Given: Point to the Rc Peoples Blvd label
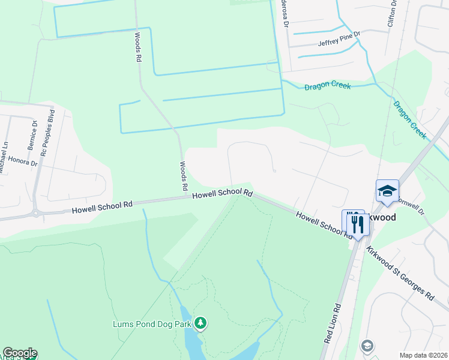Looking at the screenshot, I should pyautogui.click(x=47, y=133).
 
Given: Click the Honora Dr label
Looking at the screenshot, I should pyautogui.click(x=23, y=161).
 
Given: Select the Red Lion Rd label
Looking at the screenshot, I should pyautogui.click(x=332, y=323).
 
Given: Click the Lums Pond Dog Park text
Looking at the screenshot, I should pyautogui.click(x=152, y=324).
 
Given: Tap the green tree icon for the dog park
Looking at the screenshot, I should pyautogui.click(x=200, y=324).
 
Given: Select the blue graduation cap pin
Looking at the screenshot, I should pyautogui.click(x=387, y=191).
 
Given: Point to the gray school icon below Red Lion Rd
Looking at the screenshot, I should pyautogui.click(x=367, y=346).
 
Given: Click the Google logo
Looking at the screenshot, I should pyautogui.click(x=20, y=353).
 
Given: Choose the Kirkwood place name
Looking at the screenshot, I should pyautogui.click(x=382, y=217).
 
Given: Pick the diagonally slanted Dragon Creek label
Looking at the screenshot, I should pyautogui.click(x=410, y=120).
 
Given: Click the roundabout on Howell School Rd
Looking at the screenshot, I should pyautogui.click(x=38, y=212).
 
